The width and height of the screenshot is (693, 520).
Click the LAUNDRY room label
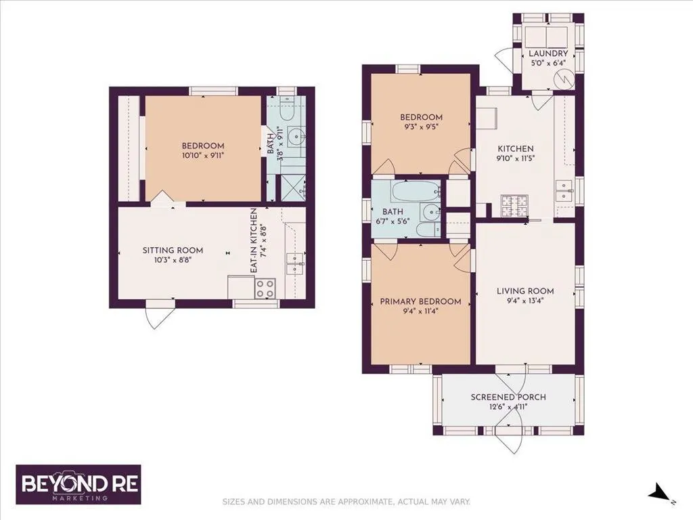[x=548, y=53]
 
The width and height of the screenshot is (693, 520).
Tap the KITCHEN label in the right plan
[x=516, y=148]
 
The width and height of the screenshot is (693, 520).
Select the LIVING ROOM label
[x=525, y=291]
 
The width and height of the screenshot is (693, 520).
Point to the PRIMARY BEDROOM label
[x=420, y=301]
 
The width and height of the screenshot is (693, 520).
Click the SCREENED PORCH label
[x=508, y=397]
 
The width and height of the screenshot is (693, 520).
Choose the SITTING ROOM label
[x=173, y=251]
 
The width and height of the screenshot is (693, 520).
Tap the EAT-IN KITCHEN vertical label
[x=254, y=240]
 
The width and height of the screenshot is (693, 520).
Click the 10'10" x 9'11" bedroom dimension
[x=203, y=155]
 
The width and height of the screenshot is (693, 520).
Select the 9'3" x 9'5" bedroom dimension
[x=421, y=127]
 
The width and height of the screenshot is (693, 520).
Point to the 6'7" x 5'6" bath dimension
[x=393, y=221]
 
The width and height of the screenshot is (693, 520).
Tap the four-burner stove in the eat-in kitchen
[x=265, y=288]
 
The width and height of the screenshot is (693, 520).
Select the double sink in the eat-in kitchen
[x=295, y=263]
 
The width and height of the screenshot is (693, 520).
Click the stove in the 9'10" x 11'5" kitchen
[x=514, y=206]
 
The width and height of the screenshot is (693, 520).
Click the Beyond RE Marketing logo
[x=79, y=485]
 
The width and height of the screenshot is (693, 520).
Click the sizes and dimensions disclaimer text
[x=346, y=502]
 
